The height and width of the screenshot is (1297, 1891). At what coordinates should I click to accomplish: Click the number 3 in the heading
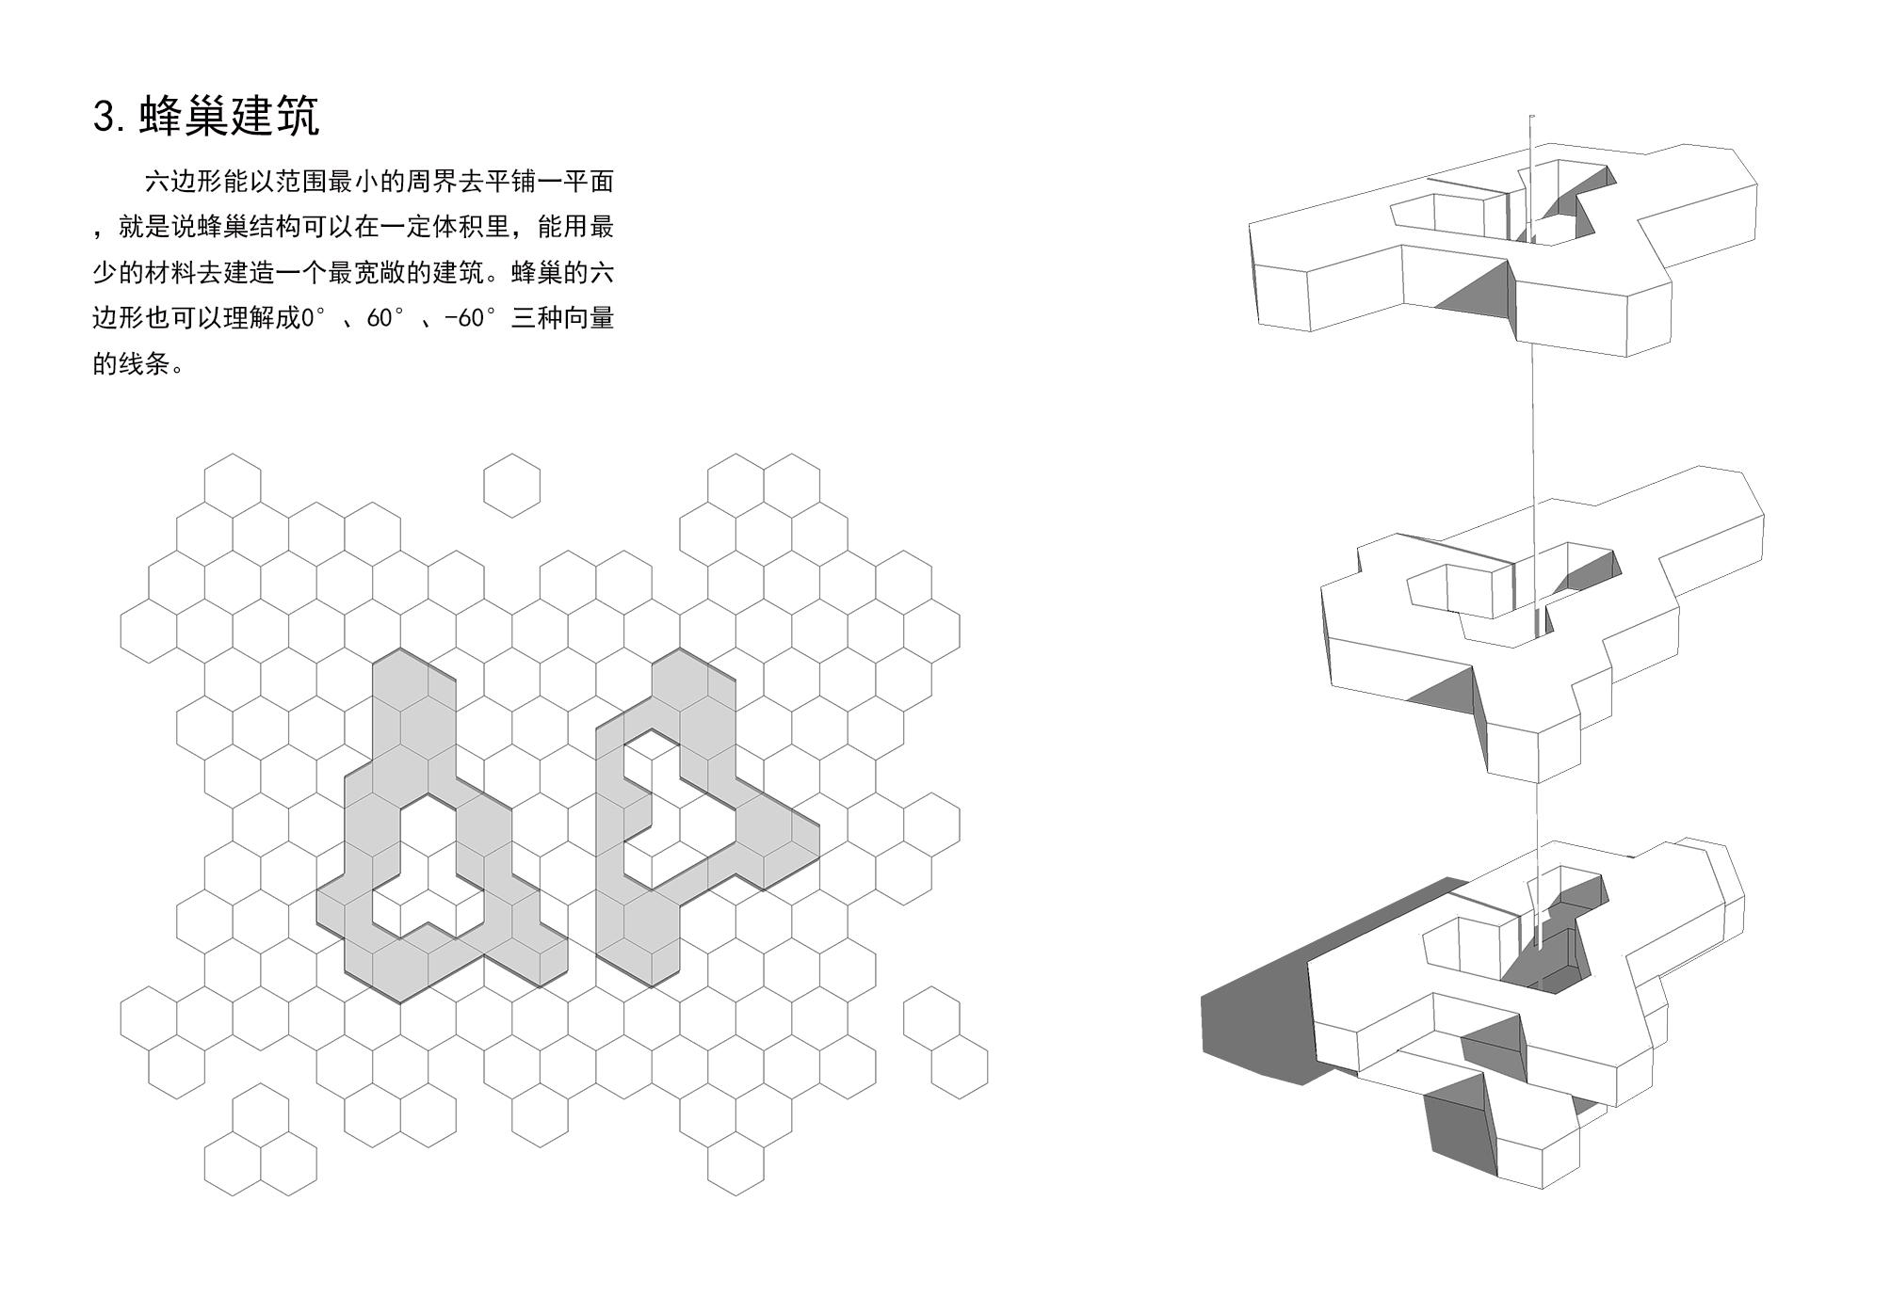pos(104,117)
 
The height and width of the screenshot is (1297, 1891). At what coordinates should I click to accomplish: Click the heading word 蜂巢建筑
pos(230,117)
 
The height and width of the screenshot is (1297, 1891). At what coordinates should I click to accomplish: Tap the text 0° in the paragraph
pos(312,318)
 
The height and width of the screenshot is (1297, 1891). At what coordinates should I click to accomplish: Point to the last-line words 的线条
pos(131,364)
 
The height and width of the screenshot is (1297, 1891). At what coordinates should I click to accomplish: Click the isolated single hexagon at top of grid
pos(511,486)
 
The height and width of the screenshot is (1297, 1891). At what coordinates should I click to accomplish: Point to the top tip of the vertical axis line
pos(1532,118)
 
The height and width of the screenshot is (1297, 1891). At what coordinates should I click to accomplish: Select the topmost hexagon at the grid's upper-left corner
pos(233,486)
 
